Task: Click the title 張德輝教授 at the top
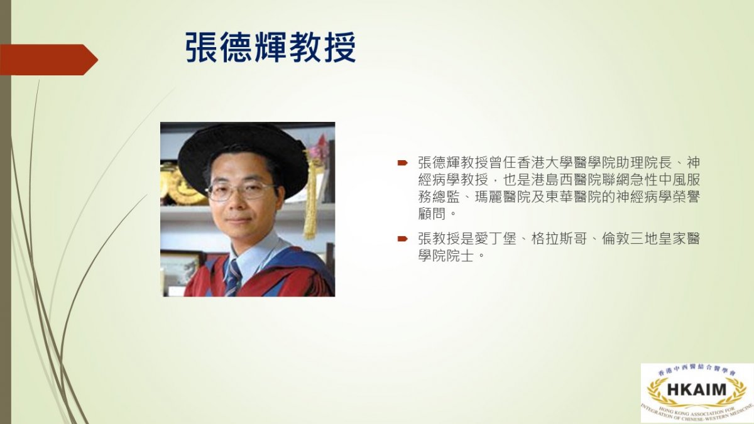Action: click(x=270, y=47)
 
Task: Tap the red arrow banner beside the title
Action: click(x=49, y=60)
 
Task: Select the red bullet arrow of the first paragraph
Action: click(x=402, y=163)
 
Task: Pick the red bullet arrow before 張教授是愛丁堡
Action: click(x=402, y=239)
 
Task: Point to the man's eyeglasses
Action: click(x=241, y=191)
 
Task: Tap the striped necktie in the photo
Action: click(x=233, y=278)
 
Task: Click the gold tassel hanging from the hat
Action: click(x=310, y=195)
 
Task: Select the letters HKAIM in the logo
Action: click(x=696, y=389)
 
